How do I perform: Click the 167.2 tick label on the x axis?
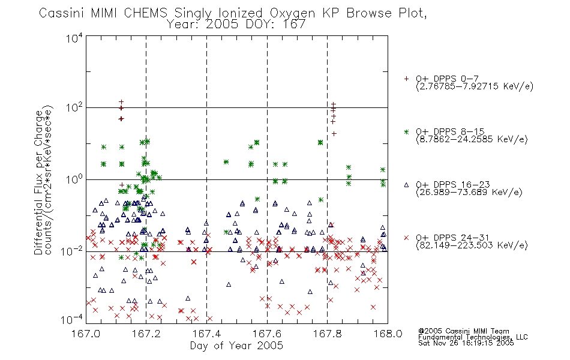pos(146,334)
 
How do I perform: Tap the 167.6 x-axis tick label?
pos(267,334)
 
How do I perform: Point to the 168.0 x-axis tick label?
pos(388,334)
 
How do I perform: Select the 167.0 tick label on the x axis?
pos(86,334)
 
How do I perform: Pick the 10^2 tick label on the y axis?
pos(74,107)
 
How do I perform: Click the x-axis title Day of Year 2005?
pos(236,346)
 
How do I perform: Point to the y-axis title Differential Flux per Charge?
pos(39,182)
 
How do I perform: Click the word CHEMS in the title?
pos(145,13)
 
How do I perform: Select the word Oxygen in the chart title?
pos(293,14)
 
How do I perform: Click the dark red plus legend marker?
pos(406,79)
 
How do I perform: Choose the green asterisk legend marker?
pos(406,131)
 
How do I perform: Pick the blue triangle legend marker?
pos(406,185)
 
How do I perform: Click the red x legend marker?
pos(406,238)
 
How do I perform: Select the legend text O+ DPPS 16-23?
pos(453,185)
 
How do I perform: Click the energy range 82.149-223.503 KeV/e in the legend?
pos(472,245)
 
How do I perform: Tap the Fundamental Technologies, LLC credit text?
pos(473,337)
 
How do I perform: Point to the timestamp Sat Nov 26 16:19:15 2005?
pos(466,343)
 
